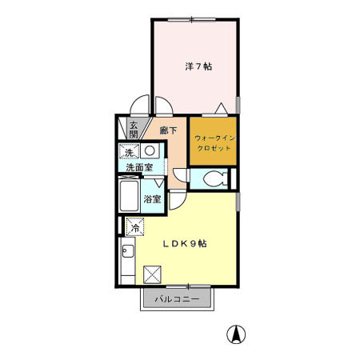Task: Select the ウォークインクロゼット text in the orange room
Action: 213,143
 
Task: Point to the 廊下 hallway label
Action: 168,129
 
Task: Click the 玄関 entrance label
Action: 134,130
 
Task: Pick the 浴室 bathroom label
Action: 152,198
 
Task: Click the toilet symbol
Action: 211,181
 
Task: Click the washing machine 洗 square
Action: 129,151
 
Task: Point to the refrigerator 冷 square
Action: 135,227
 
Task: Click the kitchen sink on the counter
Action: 126,256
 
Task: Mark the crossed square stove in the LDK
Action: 151,274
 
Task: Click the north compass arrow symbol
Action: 236,334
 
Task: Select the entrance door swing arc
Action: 141,106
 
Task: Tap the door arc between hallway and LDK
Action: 178,200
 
